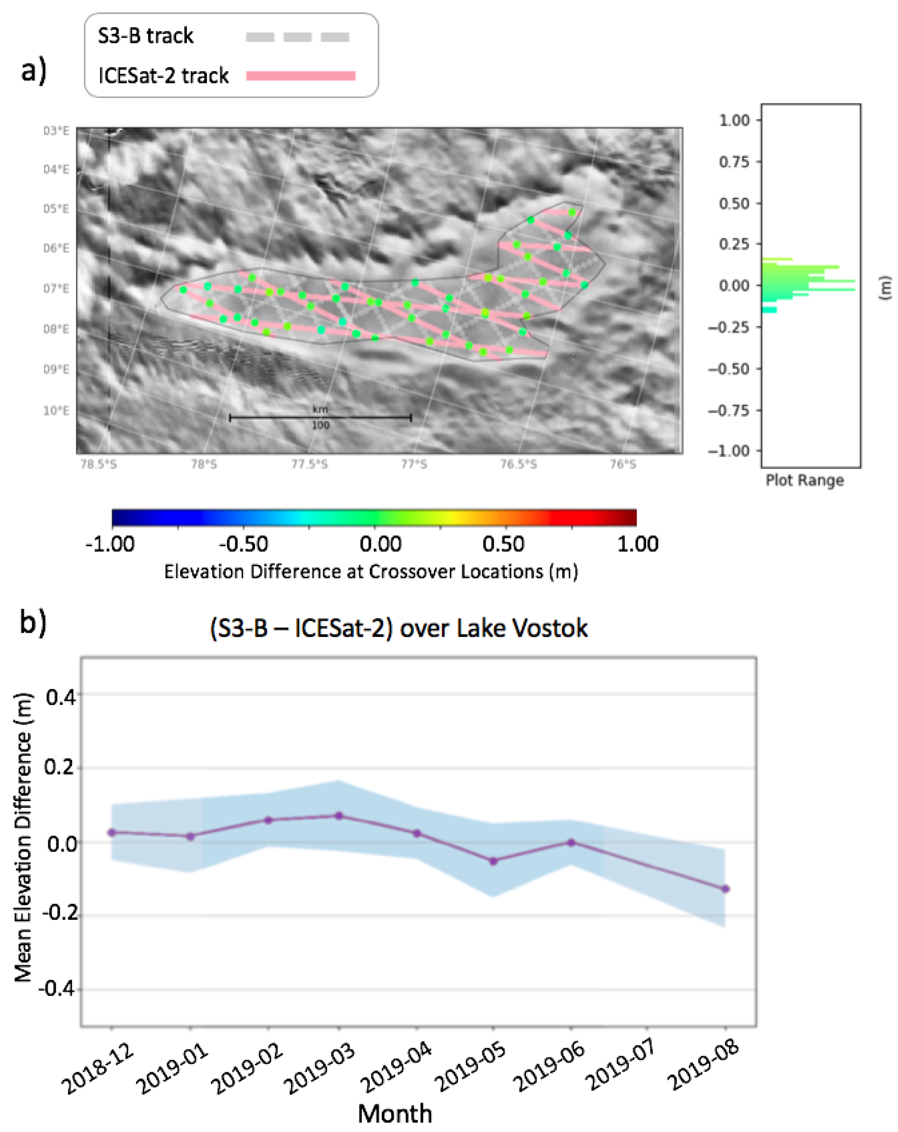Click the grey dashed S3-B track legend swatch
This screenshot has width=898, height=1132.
[297, 37]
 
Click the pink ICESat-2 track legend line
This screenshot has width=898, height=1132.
[301, 76]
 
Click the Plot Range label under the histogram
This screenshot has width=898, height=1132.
[804, 480]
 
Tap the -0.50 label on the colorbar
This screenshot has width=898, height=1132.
[243, 544]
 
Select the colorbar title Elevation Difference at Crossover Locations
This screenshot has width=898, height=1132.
[371, 572]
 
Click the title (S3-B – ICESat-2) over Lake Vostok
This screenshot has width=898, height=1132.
[398, 628]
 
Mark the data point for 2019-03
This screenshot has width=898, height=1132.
[339, 816]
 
